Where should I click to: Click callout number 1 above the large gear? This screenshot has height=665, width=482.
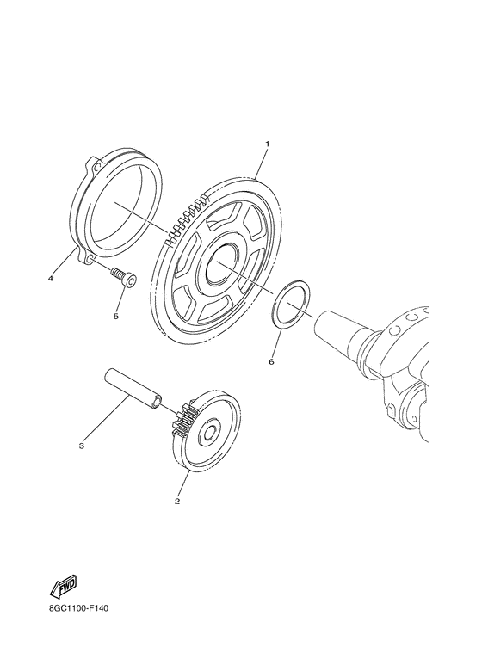[268, 145]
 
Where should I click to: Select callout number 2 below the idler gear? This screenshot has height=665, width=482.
[177, 502]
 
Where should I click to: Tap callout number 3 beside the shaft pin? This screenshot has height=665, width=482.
[82, 446]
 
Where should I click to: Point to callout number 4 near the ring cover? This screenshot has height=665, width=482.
[51, 279]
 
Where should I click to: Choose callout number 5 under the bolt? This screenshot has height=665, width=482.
[116, 316]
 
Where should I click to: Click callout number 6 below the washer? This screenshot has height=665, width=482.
[271, 362]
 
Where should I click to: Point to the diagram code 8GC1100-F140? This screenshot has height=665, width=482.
[79, 608]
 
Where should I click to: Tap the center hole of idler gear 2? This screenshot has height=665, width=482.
[209, 434]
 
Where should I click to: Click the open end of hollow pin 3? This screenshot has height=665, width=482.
[157, 402]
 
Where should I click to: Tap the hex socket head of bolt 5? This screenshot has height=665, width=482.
[130, 281]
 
